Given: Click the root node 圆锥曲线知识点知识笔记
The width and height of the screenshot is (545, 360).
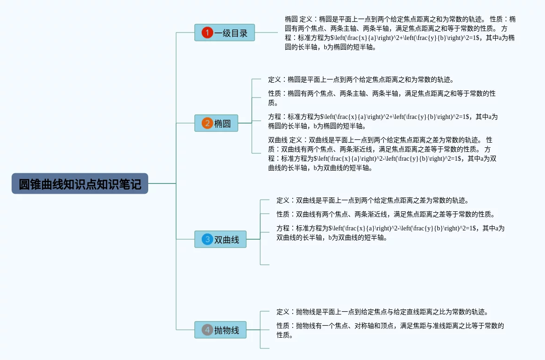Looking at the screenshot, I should point(80,183).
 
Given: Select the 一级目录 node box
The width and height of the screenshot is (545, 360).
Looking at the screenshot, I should point(224,33).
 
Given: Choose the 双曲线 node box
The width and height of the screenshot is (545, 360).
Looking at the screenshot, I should point(220,239).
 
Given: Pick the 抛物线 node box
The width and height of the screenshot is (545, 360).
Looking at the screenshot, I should point(220,330).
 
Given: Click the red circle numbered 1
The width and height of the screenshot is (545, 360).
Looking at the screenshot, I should point(207,33).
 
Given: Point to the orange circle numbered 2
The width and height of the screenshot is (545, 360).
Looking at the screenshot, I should point(207,123).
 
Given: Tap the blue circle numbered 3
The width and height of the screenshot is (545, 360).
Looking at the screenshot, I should point(207,239).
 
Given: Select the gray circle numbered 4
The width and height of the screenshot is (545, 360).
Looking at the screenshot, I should point(207,330).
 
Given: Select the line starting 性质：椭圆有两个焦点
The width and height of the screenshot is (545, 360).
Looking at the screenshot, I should point(381,98).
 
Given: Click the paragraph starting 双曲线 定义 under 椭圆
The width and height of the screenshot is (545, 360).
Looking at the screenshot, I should point(382,154).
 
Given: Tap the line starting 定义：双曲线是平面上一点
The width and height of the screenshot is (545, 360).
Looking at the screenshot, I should point(372,200).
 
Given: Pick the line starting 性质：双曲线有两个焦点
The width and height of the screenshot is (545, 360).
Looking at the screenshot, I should point(385,214).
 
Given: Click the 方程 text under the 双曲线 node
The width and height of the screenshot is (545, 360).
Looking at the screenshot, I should point(390,233).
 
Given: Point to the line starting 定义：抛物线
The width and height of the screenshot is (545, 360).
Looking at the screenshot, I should point(381,312).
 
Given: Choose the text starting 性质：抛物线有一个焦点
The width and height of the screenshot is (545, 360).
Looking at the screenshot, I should point(390,330).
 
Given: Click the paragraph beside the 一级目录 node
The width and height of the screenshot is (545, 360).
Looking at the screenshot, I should point(400,33).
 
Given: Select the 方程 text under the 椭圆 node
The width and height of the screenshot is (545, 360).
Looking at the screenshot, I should point(382,121).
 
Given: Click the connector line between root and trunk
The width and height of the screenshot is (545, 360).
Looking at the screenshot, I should point(162,183).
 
